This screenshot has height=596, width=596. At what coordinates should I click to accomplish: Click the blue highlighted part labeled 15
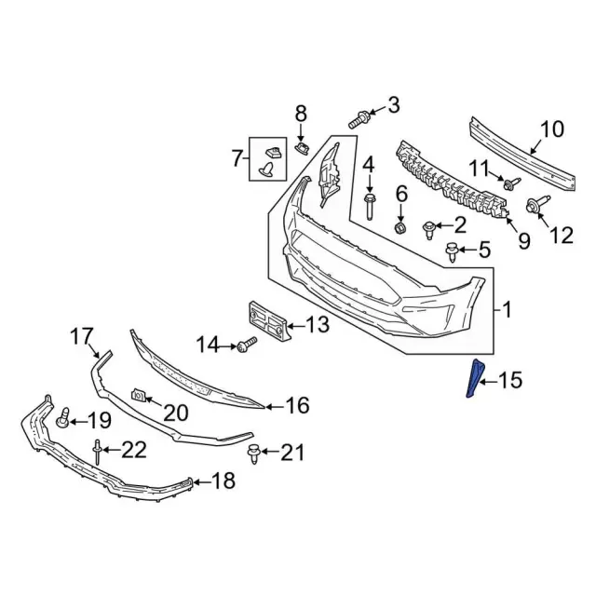474,380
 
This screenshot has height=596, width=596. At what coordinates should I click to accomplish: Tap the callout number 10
551,129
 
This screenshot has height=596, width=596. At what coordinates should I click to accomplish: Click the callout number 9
523,241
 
